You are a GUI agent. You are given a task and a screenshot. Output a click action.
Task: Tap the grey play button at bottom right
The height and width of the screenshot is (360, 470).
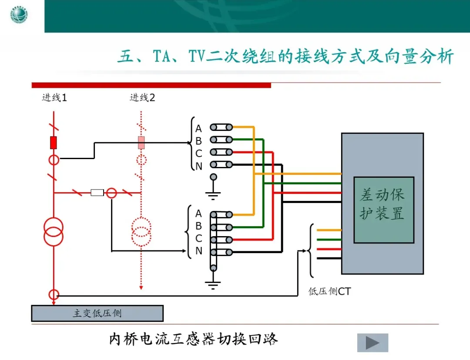[x=372, y=343]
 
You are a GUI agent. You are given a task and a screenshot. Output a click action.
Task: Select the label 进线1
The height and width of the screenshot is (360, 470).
[x=54, y=98]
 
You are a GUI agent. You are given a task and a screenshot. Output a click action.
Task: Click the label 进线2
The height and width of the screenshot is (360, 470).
[x=142, y=98]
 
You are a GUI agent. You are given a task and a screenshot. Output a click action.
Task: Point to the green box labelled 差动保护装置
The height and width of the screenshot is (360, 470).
[x=383, y=210]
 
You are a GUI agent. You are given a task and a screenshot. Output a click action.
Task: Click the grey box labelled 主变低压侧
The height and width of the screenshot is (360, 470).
[x=97, y=313]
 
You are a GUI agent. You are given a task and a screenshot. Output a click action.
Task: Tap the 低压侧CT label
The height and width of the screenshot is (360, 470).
[x=329, y=291]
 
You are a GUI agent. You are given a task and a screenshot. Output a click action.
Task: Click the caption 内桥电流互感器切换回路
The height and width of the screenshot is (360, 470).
[x=193, y=339]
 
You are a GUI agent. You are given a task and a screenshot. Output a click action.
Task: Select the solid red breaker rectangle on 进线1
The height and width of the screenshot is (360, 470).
[x=54, y=143]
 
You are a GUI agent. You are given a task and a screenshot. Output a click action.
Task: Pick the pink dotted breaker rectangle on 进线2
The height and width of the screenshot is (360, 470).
[x=141, y=143]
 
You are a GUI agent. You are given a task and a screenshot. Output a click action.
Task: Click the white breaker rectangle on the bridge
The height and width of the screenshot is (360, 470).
[x=97, y=192]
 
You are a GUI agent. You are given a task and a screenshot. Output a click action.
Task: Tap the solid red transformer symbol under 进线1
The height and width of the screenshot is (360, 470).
[x=54, y=231]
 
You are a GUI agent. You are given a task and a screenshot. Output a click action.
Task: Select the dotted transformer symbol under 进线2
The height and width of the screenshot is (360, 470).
[x=141, y=231]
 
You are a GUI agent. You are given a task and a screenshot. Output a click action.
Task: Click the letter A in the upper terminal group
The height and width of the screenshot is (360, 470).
[x=198, y=129]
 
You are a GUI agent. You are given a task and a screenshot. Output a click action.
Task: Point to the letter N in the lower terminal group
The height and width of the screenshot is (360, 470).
[x=198, y=251]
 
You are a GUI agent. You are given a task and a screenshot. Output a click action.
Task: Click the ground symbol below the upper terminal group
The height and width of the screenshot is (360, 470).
[x=213, y=194]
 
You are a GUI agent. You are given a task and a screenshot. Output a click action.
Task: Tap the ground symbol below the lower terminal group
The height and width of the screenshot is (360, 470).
[x=213, y=285]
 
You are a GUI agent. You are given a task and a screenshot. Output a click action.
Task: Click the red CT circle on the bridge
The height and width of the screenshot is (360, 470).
[x=112, y=192]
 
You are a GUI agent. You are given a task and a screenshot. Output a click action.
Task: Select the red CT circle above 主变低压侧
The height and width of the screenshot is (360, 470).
[x=54, y=294]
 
